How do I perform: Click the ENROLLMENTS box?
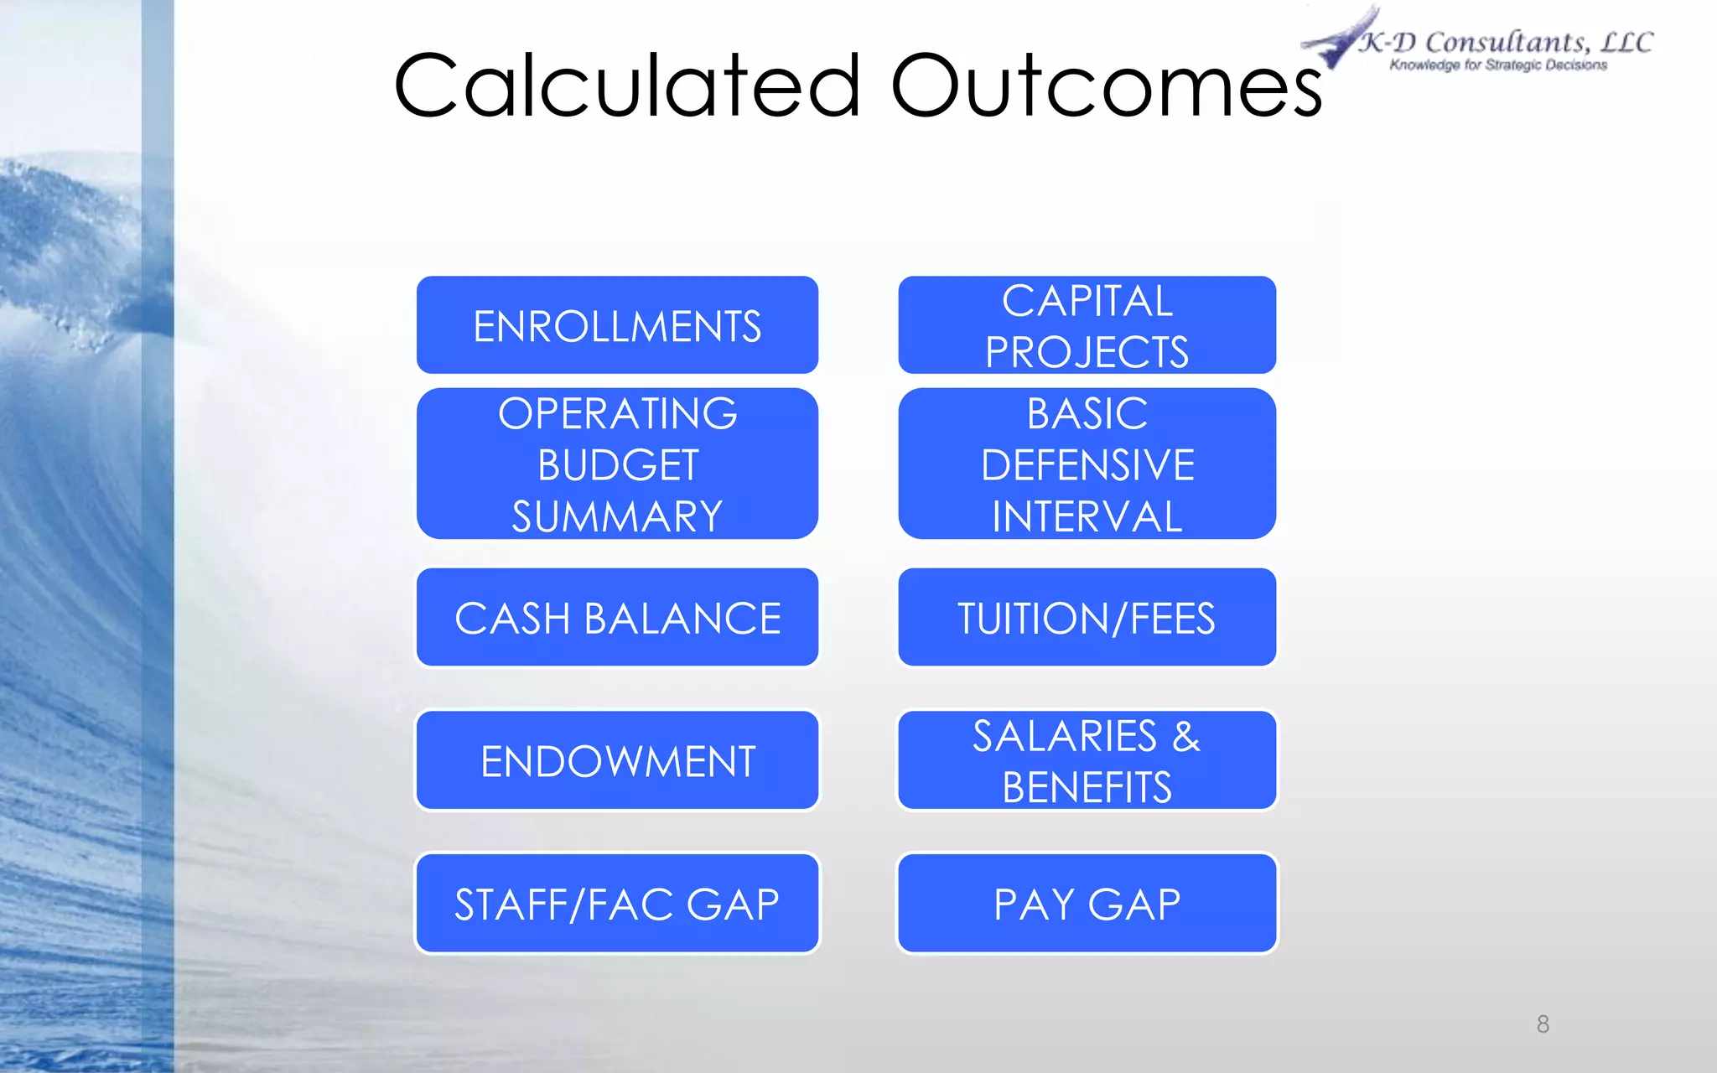click(617, 325)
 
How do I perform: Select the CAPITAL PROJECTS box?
click(1087, 325)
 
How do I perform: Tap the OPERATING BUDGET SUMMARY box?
click(617, 464)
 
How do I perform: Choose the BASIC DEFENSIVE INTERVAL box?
click(1087, 464)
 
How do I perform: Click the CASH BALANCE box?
click(617, 618)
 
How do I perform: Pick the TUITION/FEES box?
click(1087, 618)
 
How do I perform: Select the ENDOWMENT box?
click(617, 760)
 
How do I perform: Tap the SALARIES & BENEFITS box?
click(1087, 760)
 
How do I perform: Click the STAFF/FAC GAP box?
click(617, 904)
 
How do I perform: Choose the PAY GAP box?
click(1087, 904)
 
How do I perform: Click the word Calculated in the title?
click(627, 86)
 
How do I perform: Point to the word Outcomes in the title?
click(1105, 86)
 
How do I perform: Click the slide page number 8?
click(1543, 1024)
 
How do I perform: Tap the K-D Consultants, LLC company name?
click(1506, 41)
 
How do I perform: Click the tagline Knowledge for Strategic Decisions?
click(1498, 65)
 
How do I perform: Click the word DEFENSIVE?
click(1087, 465)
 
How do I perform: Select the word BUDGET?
click(618, 465)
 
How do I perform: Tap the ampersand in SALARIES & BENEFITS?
click(1185, 736)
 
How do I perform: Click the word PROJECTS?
click(1087, 352)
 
